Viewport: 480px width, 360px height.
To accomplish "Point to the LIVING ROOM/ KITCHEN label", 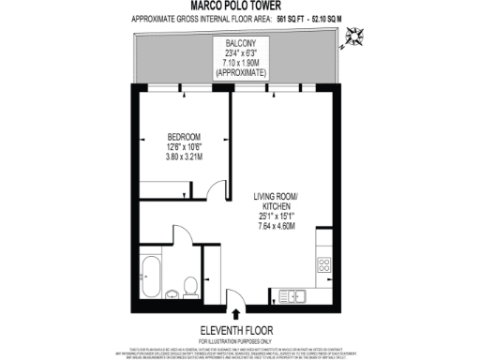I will (277, 202).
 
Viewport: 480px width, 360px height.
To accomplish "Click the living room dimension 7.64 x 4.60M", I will (277, 225).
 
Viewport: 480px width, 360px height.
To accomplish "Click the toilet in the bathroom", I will (189, 286).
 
